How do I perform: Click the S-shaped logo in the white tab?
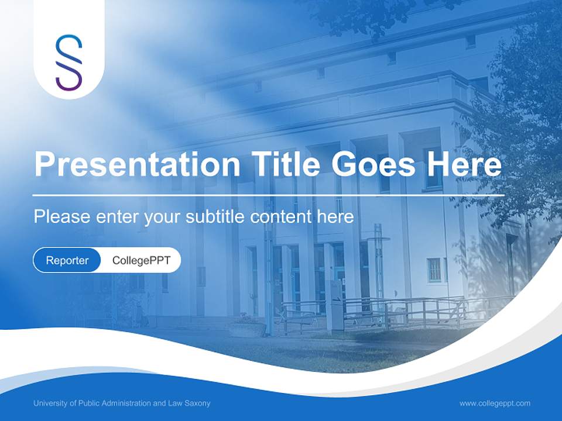(69, 62)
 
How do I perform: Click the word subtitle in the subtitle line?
(216, 217)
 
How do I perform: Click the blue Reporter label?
(67, 261)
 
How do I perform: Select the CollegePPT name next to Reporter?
(141, 261)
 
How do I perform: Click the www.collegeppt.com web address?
(495, 403)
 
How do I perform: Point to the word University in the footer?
(49, 403)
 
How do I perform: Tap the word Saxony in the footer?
(199, 403)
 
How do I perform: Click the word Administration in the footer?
(129, 403)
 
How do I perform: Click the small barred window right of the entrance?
(434, 270)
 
